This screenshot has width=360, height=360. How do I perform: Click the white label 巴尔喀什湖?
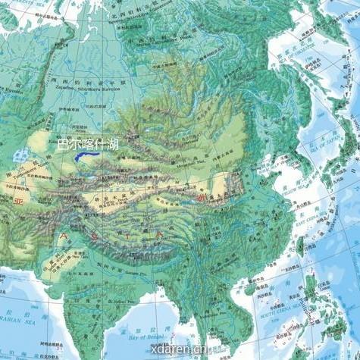point(88,142)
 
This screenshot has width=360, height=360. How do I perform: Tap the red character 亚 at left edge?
point(17,201)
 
